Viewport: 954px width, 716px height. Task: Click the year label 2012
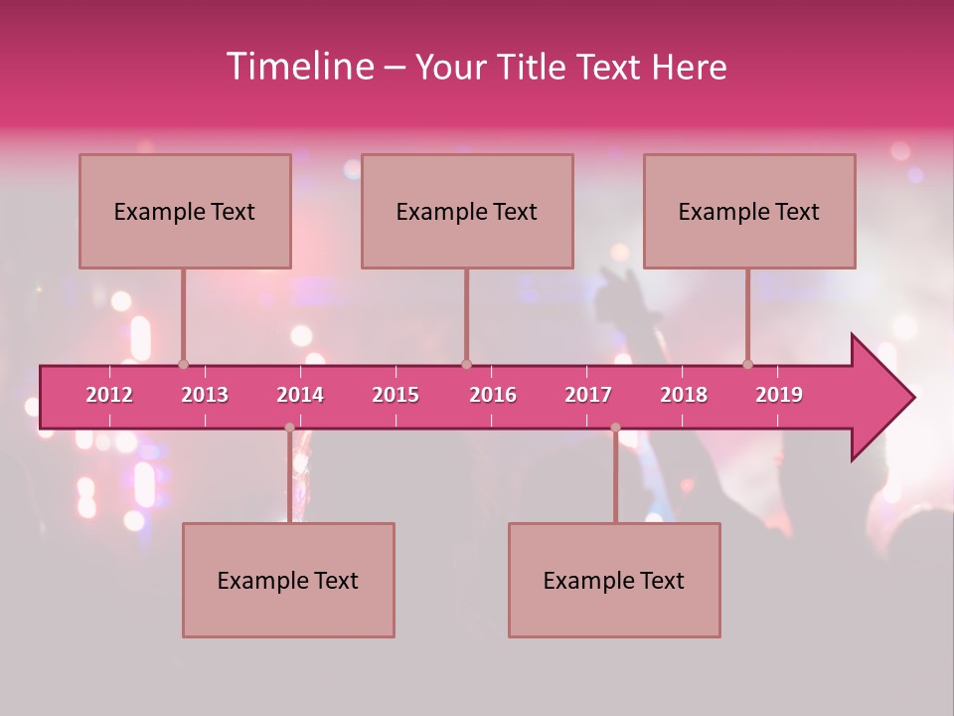click(109, 395)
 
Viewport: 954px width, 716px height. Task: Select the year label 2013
click(205, 395)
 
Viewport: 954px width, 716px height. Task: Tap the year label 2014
click(300, 395)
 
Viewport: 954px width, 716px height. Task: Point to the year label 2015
click(396, 395)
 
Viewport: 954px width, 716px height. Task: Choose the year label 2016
click(493, 395)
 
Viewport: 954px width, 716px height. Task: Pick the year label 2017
click(588, 395)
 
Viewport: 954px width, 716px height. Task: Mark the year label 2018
click(684, 395)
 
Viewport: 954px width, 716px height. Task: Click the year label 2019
click(779, 395)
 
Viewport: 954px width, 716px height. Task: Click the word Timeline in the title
click(299, 67)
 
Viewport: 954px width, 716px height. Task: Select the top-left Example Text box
click(185, 211)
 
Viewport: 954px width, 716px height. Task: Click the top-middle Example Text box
click(467, 211)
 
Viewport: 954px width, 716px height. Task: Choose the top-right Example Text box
click(749, 211)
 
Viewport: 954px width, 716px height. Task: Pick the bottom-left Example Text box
click(288, 580)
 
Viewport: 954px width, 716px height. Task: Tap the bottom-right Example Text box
click(614, 580)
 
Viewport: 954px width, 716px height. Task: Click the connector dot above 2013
click(183, 364)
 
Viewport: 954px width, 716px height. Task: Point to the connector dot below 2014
click(289, 428)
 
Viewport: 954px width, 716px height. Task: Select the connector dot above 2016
click(466, 364)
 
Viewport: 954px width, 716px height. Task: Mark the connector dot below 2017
click(615, 428)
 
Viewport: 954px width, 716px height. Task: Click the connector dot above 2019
click(748, 364)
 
